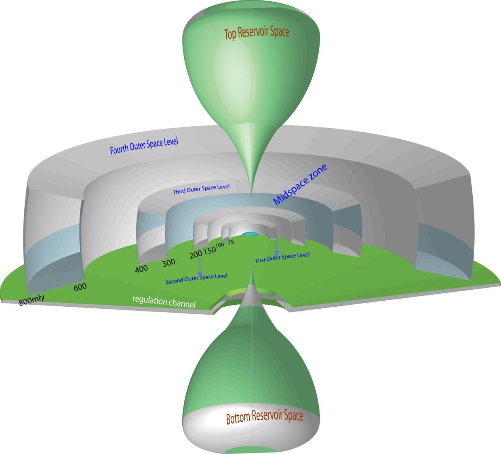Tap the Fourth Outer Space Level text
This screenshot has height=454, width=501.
pyautogui.click(x=144, y=146)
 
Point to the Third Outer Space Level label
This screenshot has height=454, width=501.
pyautogui.click(x=201, y=189)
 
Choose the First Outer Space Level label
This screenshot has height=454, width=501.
pyautogui.click(x=282, y=257)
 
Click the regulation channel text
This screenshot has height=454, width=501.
pyautogui.click(x=164, y=302)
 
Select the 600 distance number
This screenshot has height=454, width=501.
pyautogui.click(x=80, y=287)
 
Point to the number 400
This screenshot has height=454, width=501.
pyautogui.click(x=141, y=269)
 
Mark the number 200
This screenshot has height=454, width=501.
pyautogui.click(x=196, y=254)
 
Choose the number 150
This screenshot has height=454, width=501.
pyautogui.click(x=210, y=251)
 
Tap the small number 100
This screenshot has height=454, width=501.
pyautogui.click(x=220, y=245)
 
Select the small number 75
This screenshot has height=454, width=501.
pyautogui.click(x=231, y=242)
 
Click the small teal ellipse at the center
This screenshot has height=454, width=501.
pyautogui.click(x=250, y=234)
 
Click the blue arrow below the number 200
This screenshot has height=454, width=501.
pyautogui.click(x=200, y=267)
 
